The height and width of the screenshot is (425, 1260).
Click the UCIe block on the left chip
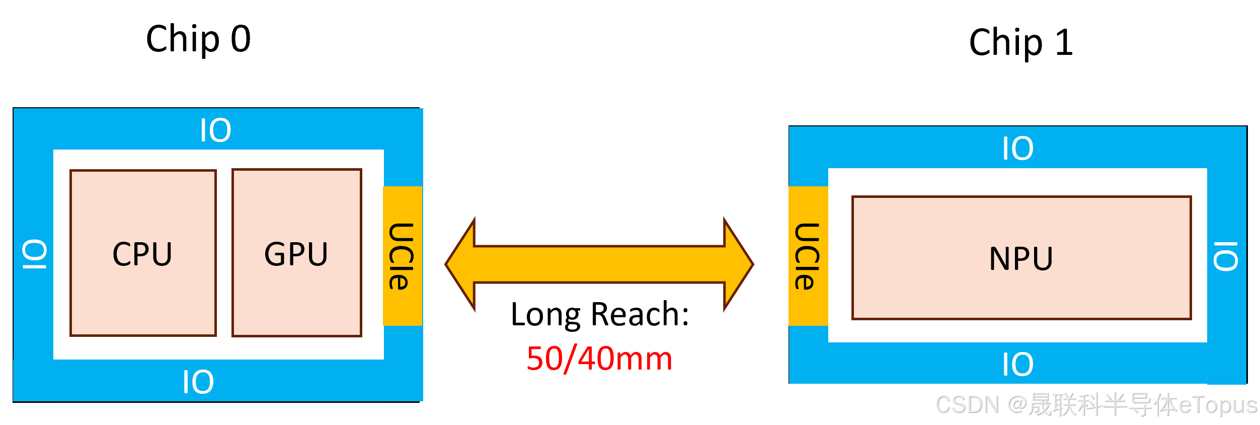tap(402, 256)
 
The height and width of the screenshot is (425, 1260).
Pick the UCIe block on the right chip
tap(808, 256)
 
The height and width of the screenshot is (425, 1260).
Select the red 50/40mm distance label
tap(599, 359)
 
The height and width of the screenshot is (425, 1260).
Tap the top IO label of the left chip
tap(215, 130)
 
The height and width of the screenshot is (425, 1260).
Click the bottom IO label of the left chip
tap(198, 382)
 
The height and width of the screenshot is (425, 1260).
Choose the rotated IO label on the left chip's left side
tap(34, 254)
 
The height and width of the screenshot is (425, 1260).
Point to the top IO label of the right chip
tap(1017, 148)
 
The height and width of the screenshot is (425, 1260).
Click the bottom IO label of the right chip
tap(1017, 364)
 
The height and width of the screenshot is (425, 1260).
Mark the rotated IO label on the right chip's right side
tap(1226, 256)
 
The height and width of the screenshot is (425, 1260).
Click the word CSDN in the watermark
tap(966, 404)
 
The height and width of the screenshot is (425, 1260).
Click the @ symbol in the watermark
tap(1016, 404)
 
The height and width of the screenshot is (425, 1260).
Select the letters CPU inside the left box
tap(142, 254)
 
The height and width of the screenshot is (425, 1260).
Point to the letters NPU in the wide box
tap(1021, 258)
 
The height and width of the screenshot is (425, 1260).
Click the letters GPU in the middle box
tap(296, 254)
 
